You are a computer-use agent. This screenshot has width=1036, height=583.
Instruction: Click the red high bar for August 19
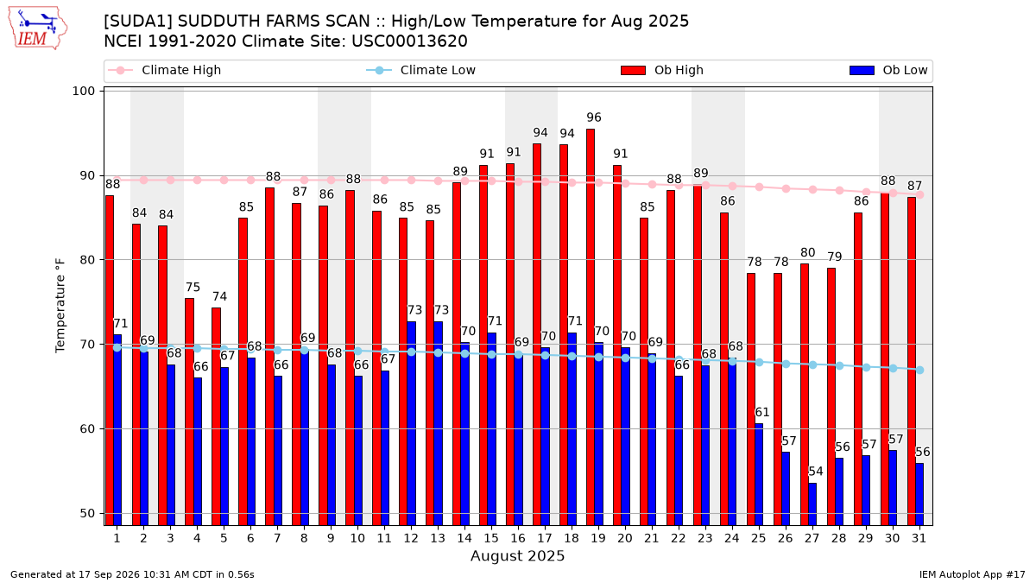tap(591, 327)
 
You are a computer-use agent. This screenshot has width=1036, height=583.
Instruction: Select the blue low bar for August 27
tap(812, 504)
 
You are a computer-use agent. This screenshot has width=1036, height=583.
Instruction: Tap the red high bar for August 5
tap(216, 416)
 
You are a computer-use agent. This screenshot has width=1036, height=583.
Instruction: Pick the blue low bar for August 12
tap(411, 423)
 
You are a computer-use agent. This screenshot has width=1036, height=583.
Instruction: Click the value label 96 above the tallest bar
tap(594, 117)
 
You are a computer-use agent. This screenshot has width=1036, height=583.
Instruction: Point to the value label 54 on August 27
tap(815, 472)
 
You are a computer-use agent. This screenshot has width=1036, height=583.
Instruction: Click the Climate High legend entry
tap(164, 70)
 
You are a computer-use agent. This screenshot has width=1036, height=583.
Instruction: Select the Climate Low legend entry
tap(421, 70)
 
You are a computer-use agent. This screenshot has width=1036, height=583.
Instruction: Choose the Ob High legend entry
tap(662, 70)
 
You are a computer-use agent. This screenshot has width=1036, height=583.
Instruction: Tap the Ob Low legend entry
tap(888, 70)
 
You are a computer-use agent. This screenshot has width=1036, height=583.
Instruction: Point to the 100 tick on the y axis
tap(84, 92)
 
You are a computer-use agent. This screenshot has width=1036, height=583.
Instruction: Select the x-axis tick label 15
tap(491, 539)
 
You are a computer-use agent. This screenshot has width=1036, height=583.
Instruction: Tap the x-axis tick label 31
tap(919, 539)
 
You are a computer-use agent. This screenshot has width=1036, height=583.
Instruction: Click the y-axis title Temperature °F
tap(60, 306)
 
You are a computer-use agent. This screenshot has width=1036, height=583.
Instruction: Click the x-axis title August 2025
tap(517, 555)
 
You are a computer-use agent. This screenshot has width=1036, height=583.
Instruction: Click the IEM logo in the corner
tap(38, 29)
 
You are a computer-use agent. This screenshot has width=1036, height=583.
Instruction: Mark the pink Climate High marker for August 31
tap(920, 195)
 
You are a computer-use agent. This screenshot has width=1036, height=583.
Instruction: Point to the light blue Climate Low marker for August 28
tap(839, 365)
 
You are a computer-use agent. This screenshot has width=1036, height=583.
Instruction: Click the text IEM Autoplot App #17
tap(972, 574)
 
